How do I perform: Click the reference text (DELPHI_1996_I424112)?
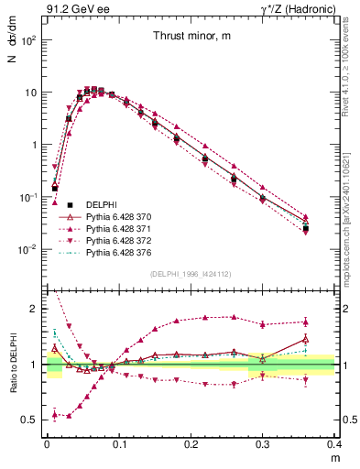click(x=191, y=272)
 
